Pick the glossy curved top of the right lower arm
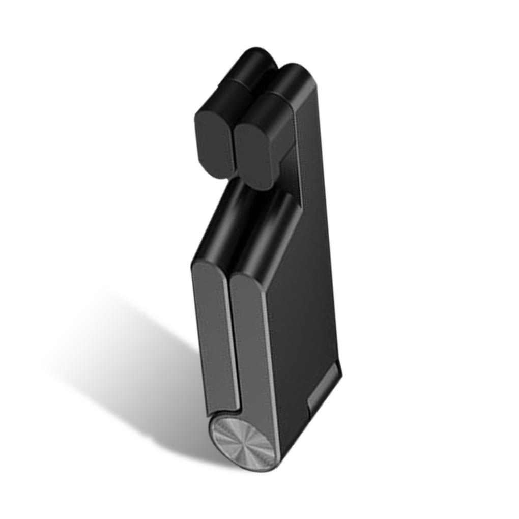[267, 234]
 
